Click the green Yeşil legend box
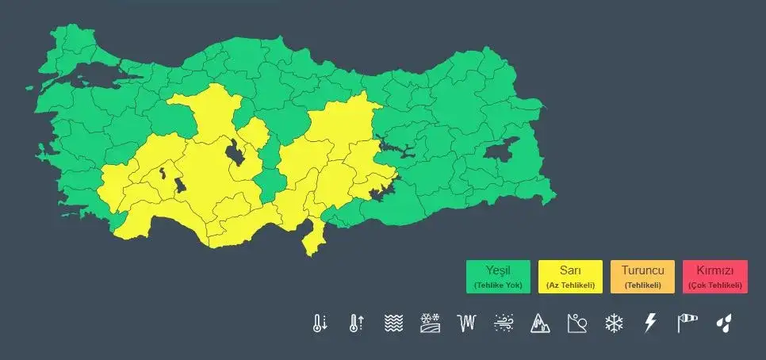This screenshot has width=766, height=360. click(498, 277)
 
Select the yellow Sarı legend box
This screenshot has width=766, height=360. click(570, 277)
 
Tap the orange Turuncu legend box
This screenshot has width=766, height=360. click(642, 277)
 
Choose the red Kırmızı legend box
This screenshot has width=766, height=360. click(714, 277)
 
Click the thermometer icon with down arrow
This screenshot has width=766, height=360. click(320, 323)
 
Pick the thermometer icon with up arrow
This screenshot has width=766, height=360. click(356, 323)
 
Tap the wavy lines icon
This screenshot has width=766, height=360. click(393, 323)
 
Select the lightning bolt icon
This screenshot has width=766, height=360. click(650, 323)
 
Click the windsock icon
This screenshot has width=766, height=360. click(687, 323)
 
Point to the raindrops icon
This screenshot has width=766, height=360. click(723, 323)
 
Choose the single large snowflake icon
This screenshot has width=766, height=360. click(614, 323)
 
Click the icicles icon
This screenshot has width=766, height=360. click(467, 323)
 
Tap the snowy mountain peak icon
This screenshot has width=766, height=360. click(540, 323)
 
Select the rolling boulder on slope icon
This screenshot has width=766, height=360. click(576, 323)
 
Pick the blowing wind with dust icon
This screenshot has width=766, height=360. click(504, 323)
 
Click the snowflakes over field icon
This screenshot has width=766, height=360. click(430, 323)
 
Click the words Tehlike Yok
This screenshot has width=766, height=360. click(498, 285)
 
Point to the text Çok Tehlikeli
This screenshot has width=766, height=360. click(714, 285)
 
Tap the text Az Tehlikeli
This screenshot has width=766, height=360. click(570, 285)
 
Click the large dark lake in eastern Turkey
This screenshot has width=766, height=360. click(501, 150)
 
